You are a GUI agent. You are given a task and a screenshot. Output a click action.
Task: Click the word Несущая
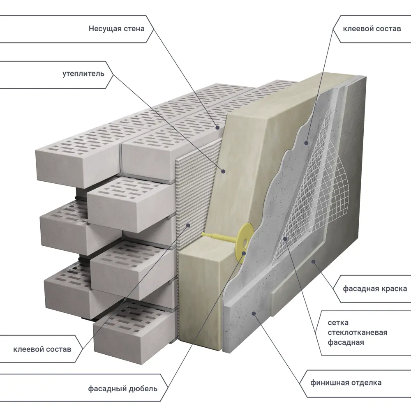coord(105,29)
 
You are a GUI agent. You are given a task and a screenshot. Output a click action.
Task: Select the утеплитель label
coord(83,74)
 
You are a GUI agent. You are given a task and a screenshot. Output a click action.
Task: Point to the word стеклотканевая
coord(358,332)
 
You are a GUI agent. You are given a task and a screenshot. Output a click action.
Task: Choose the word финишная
coord(330,383)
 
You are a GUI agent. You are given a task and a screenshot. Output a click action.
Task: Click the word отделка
coord(365,383)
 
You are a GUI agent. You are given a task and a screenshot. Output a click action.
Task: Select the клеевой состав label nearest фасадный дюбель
coord(42,349)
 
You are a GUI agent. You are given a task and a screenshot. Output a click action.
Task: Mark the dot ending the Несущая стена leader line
coord(215,127)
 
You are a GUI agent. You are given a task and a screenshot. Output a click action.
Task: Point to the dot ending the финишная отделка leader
coord(254,314)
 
